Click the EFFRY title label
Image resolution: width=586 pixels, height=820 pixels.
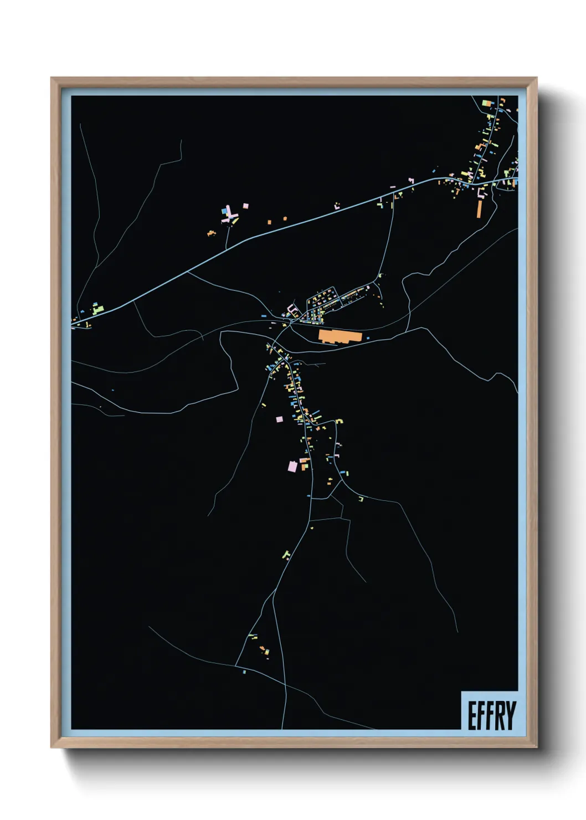pyautogui.click(x=491, y=715)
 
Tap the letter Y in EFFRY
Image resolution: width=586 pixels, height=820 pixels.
pyautogui.click(x=511, y=715)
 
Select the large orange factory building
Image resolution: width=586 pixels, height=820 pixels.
pyautogui.click(x=339, y=336)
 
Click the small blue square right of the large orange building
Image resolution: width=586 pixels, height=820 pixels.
pyautogui.click(x=368, y=337)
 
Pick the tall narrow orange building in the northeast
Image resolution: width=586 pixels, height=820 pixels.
pyautogui.click(x=480, y=208)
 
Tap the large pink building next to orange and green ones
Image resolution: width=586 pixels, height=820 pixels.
pyautogui.click(x=292, y=467)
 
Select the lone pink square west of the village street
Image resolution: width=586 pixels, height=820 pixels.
pyautogui.click(x=279, y=419)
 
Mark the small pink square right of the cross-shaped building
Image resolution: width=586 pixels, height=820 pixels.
pyautogui.click(x=245, y=206)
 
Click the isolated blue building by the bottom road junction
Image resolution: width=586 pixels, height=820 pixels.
pyautogui.click(x=244, y=672)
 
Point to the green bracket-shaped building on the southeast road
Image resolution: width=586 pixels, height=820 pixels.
pyautogui.click(x=361, y=499)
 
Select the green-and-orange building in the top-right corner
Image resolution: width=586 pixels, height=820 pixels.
pyautogui.click(x=487, y=103)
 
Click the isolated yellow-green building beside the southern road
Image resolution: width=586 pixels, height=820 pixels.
pyautogui.click(x=286, y=554)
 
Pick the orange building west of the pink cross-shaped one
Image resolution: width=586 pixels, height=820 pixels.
pyautogui.click(x=211, y=233)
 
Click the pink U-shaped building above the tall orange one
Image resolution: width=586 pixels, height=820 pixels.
pyautogui.click(x=481, y=193)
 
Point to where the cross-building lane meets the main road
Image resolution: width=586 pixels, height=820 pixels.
pyautogui.click(x=228, y=249)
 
